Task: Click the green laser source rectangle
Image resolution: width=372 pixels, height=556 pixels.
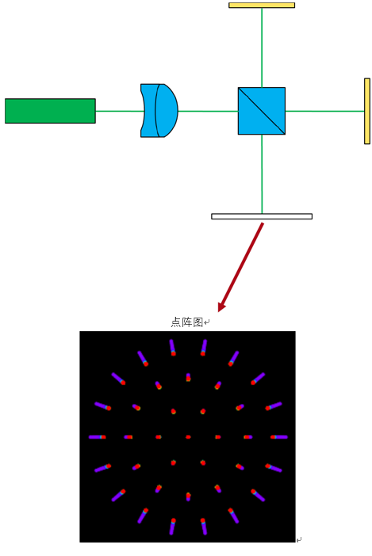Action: [50, 111]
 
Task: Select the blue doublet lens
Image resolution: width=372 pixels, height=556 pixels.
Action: [159, 111]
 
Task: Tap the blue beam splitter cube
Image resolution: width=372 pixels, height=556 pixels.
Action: [262, 111]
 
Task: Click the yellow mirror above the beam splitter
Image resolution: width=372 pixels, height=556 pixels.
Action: [262, 6]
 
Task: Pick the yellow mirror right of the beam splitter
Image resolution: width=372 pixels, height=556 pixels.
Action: [367, 111]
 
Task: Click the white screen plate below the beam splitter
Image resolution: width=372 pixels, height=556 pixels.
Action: [262, 216]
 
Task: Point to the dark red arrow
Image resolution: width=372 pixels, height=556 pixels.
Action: [240, 268]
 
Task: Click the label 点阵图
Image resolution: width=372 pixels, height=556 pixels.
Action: [186, 322]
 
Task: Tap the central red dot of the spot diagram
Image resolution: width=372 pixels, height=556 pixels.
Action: [188, 437]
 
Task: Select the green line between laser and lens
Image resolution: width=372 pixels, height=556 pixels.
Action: [118, 111]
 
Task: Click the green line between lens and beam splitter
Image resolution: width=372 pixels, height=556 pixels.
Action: [208, 111]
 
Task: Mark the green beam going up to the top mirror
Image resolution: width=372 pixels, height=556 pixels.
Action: [262, 48]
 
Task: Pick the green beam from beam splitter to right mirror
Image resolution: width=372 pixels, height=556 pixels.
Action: [324, 111]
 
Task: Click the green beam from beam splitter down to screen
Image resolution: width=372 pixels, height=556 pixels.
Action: [262, 174]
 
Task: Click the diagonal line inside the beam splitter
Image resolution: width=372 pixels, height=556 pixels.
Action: [262, 111]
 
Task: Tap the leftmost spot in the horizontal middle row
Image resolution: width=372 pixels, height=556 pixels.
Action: [98, 437]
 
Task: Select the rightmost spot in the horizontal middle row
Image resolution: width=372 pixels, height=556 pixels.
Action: [279, 437]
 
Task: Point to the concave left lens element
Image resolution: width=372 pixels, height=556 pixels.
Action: [149, 111]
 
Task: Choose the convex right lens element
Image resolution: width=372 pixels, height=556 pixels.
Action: [167, 111]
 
